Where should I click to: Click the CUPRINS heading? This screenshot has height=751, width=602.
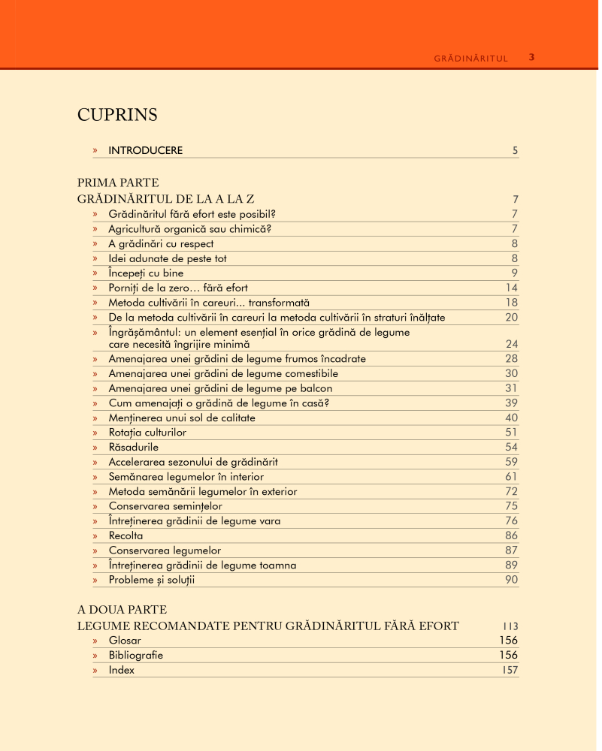click(x=117, y=115)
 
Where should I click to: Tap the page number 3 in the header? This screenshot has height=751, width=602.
click(x=531, y=57)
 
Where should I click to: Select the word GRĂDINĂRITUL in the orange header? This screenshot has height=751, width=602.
click(x=471, y=58)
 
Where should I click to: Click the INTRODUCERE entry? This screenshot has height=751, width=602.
click(x=145, y=150)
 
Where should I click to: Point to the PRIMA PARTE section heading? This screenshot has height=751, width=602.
click(x=118, y=182)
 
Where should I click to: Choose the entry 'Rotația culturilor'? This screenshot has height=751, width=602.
click(x=147, y=433)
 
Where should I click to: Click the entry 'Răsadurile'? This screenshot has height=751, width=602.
click(x=133, y=447)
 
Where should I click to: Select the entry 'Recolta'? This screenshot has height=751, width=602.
click(x=126, y=535)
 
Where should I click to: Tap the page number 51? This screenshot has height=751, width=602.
click(x=511, y=433)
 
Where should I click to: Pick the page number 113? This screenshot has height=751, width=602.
click(x=510, y=626)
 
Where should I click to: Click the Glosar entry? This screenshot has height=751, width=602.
click(x=125, y=641)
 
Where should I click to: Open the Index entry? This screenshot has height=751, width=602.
click(x=122, y=670)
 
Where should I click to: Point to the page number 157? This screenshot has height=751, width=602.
click(x=510, y=670)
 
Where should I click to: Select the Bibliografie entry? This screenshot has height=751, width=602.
click(x=135, y=655)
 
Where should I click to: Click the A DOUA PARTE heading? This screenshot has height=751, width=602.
click(x=122, y=609)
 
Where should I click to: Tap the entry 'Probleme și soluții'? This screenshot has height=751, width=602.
click(x=156, y=580)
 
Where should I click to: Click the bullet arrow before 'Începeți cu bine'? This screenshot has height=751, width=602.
click(x=95, y=273)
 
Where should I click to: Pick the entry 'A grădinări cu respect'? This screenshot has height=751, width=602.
click(x=161, y=243)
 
